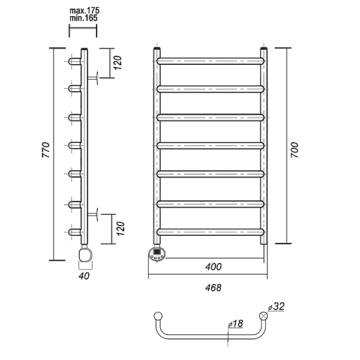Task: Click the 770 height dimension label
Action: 46,150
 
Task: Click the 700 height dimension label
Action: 295,150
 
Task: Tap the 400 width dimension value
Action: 213,266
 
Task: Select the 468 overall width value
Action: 213,287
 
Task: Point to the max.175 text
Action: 85,11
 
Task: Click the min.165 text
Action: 83,18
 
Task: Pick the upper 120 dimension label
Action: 118,62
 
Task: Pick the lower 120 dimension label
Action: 121,229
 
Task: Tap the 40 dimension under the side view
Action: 84,276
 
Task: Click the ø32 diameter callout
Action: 276,306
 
